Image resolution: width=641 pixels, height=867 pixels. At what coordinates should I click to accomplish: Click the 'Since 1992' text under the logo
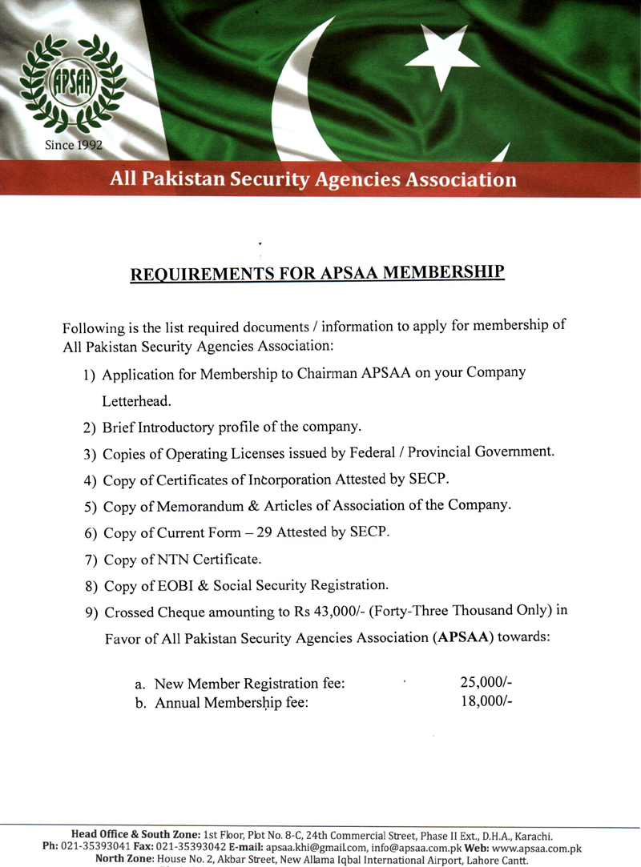coord(73,146)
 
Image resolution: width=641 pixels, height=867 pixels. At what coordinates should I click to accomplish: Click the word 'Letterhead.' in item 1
coord(137,402)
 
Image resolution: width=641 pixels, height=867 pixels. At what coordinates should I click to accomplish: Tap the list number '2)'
coord(91,428)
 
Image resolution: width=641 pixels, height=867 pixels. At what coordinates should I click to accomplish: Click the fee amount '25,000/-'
coord(486,683)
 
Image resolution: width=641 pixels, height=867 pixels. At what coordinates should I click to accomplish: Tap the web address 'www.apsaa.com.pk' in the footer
coord(536,848)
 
